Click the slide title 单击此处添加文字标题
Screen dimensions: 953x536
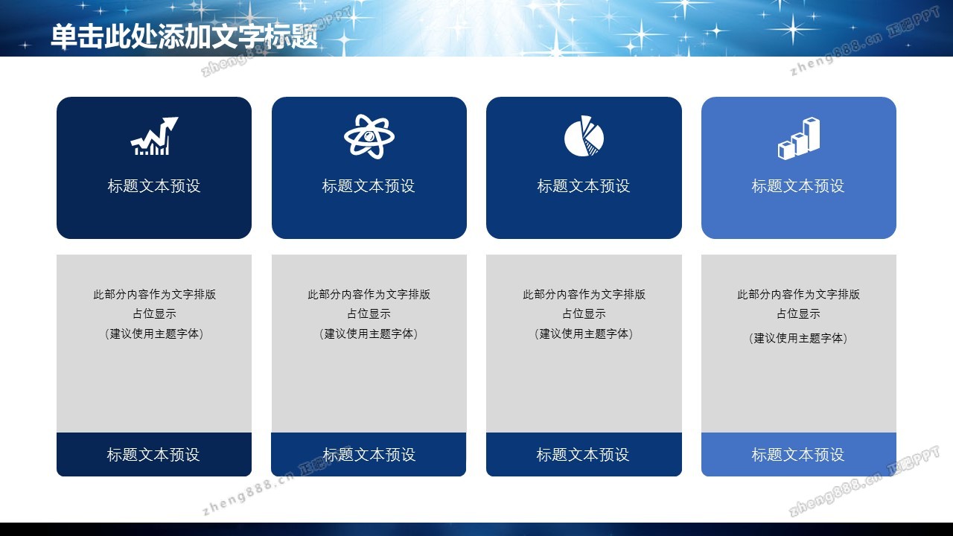coord(184,36)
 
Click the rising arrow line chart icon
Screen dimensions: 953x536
coord(154,136)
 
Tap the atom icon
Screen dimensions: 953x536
coord(369,136)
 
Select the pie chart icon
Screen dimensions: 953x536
coord(584,136)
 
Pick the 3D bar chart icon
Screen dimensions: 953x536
coord(799,138)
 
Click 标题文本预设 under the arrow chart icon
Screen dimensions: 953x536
coord(153,186)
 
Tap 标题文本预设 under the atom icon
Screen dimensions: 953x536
coord(369,186)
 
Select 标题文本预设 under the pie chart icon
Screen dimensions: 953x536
coord(583,186)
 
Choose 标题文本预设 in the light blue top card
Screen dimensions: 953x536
coord(798,186)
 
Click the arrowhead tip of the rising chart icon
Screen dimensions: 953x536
coord(178,118)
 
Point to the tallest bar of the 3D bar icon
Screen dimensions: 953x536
coord(812,134)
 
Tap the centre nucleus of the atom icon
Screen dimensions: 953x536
coord(369,136)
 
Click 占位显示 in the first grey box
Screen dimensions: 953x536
coord(154,313)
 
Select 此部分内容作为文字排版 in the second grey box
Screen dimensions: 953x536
coord(369,294)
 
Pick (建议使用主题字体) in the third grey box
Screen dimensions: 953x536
coord(584,334)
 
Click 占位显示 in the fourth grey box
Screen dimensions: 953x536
coord(798,313)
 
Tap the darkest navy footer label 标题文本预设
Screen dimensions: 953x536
coord(153,455)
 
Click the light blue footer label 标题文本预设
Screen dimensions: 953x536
coord(798,455)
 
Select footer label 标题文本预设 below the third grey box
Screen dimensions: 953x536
coord(583,455)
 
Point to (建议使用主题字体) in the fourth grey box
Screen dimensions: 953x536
coord(798,338)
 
